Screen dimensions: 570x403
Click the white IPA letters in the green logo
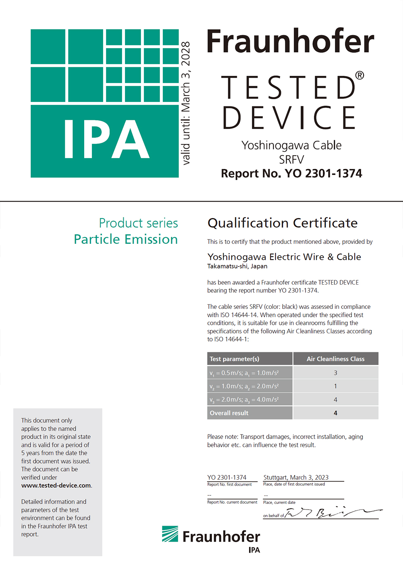pyautogui.click(x=106, y=139)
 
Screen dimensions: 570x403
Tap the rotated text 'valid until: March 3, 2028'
pyautogui.click(x=185, y=103)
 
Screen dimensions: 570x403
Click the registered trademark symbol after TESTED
pyautogui.click(x=359, y=75)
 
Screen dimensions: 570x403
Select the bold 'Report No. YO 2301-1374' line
pyautogui.click(x=291, y=173)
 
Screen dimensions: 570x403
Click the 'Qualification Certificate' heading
pyautogui.click(x=283, y=223)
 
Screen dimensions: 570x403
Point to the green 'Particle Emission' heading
pyautogui.click(x=126, y=239)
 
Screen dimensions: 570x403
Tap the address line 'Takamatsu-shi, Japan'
pyautogui.click(x=237, y=266)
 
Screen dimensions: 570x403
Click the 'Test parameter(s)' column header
pyautogui.click(x=235, y=359)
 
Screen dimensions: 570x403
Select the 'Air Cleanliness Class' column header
pyautogui.click(x=335, y=359)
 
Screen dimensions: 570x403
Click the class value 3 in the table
pyautogui.click(x=335, y=373)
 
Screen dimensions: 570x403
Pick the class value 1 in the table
pyautogui.click(x=335, y=386)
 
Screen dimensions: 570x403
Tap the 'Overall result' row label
pyautogui.click(x=229, y=413)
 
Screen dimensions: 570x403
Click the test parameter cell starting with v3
pyautogui.click(x=244, y=399)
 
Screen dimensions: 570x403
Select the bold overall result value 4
pyautogui.click(x=335, y=413)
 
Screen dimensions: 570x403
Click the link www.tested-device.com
pyautogui.click(x=56, y=485)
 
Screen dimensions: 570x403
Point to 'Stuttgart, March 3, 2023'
pyautogui.click(x=296, y=477)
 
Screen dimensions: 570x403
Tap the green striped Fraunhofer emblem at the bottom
pyautogui.click(x=170, y=534)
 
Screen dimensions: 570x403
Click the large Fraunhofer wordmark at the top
pyautogui.click(x=290, y=42)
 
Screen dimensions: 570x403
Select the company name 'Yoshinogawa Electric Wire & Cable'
pyautogui.click(x=284, y=257)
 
